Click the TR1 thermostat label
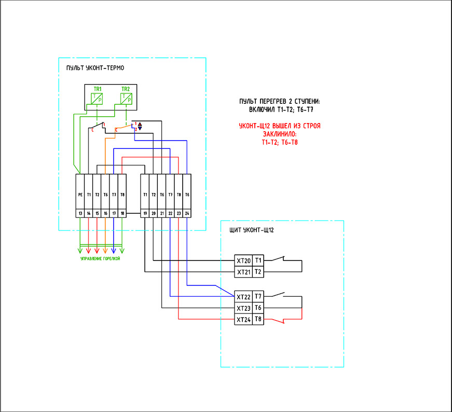coord(97,89)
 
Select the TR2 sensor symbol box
coord(127,98)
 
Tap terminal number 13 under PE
coord(80,213)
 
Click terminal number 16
coord(105,213)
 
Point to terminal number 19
coord(145,213)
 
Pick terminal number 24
coord(187,213)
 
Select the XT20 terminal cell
coord(243,260)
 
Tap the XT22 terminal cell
coord(243,297)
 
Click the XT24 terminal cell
coord(243,320)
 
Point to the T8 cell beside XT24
coord(258,320)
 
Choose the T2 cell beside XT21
coord(258,272)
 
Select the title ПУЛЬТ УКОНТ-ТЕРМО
coord(95,68)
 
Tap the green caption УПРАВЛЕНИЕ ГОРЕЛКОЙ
coord(100,258)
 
